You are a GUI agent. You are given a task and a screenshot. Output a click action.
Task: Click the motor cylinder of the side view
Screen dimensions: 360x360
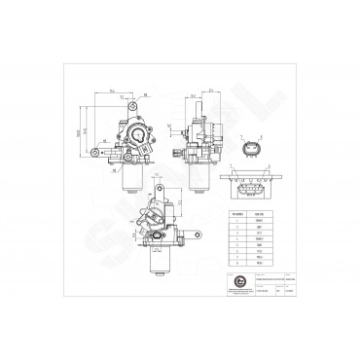(192, 165)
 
